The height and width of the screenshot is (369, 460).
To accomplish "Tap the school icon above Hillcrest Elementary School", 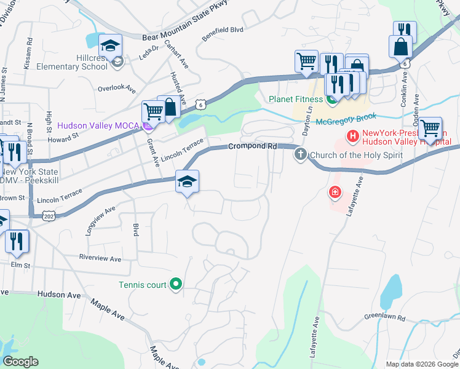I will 110,46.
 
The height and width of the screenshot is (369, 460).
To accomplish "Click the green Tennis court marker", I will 176,284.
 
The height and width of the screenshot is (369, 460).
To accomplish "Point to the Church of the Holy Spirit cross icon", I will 300,154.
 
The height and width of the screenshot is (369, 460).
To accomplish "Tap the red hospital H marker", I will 353,135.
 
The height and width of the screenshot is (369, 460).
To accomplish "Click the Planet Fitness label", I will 295,99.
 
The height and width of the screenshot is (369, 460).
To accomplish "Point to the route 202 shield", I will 48,216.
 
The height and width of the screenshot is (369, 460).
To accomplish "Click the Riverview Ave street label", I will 101,257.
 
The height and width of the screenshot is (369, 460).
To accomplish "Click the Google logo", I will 20,362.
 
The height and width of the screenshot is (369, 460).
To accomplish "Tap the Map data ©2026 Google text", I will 422,364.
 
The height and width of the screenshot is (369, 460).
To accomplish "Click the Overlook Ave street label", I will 116,88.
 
